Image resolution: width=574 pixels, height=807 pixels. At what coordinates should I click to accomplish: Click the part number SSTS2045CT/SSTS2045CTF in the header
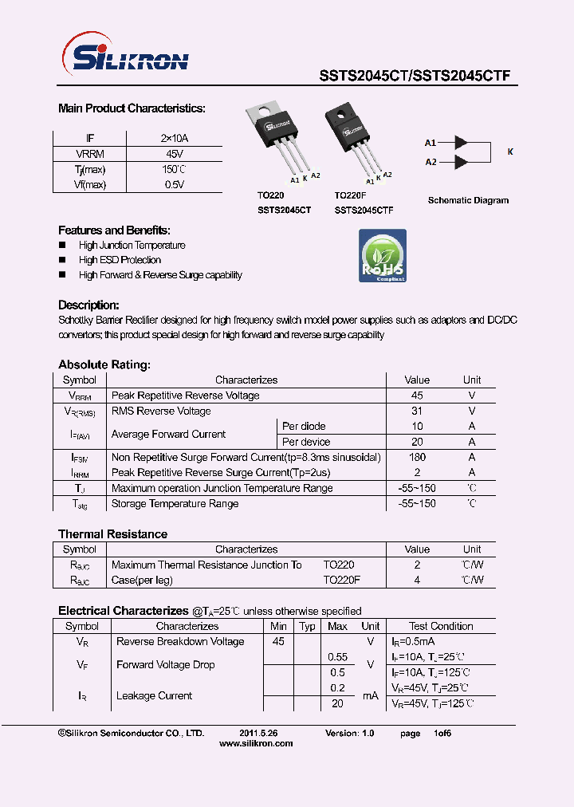pos(415,77)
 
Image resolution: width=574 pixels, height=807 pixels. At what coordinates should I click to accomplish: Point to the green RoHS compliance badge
pos(382,255)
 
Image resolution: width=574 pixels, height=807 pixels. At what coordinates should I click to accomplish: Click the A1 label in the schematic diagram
pos(431,143)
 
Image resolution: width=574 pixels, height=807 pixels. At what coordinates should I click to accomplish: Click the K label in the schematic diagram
pos(510,152)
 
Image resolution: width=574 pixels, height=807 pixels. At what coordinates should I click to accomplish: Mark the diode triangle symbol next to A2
pos(460,162)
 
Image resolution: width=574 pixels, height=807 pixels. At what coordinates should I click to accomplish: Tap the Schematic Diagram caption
pos(468,200)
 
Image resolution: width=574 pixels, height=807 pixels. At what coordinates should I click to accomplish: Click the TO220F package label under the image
pos(350,195)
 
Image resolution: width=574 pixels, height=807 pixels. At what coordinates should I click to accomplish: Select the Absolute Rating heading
pos(104,364)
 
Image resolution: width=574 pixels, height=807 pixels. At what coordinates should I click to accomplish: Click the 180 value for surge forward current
pos(416,457)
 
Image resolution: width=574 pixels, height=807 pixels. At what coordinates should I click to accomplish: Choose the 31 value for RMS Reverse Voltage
pos(416,411)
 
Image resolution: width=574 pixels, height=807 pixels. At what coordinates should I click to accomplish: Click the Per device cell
pos(306,442)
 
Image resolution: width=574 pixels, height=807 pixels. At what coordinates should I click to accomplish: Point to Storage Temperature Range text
pos(175,503)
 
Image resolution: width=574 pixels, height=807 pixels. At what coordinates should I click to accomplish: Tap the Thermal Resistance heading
pos(112,533)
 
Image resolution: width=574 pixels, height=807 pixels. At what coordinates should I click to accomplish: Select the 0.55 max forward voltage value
pos(338,656)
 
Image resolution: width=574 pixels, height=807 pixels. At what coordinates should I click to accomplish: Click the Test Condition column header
pos(441,626)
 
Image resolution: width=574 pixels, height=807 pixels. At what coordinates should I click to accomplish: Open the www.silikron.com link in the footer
pos(255,743)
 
